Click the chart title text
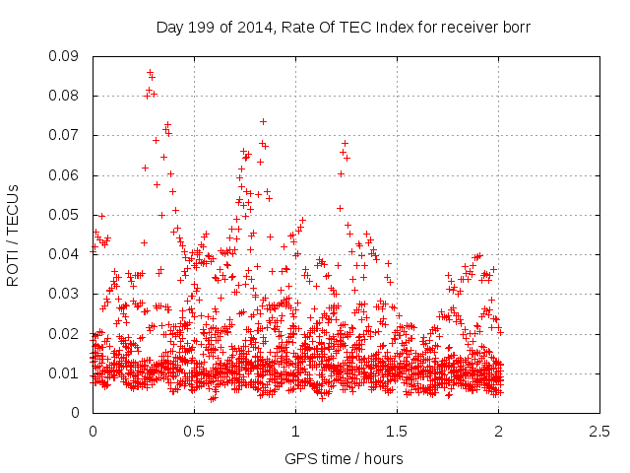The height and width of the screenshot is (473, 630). [344, 27]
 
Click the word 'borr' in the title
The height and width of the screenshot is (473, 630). [515, 27]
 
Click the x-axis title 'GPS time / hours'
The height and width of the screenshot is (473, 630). [344, 458]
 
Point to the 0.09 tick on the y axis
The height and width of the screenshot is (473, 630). [67, 56]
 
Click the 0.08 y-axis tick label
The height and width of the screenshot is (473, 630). [67, 96]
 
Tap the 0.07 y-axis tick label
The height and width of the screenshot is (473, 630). [67, 135]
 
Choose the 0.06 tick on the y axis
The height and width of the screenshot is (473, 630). [67, 175]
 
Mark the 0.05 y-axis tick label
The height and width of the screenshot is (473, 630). [67, 215]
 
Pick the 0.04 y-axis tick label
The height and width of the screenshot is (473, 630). [67, 254]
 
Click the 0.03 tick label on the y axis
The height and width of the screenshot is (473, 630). [67, 294]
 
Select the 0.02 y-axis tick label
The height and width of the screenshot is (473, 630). [67, 333]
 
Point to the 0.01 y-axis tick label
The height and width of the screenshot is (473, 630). [67, 372]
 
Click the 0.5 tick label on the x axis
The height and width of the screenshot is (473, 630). [194, 432]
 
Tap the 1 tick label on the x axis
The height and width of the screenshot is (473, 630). [295, 432]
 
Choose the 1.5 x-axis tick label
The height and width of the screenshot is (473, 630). [397, 432]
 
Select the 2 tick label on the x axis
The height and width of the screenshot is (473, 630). [498, 432]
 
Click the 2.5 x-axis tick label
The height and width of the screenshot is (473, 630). [599, 432]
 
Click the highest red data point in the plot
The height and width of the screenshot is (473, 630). [150, 72]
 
